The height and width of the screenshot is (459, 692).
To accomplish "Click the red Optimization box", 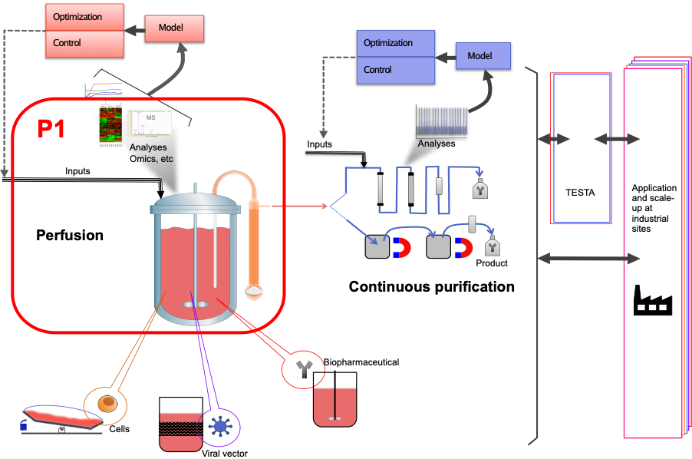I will click(x=84, y=17).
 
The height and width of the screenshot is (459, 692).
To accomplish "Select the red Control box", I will click(x=84, y=43).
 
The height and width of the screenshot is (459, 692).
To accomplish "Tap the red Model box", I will click(x=175, y=28).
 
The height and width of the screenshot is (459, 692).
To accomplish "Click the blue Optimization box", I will click(x=396, y=43).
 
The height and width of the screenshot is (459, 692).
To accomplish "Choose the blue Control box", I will click(x=396, y=70).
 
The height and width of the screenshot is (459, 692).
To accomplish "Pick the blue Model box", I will click(x=483, y=56).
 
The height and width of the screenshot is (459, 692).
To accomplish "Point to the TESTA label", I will click(x=580, y=192).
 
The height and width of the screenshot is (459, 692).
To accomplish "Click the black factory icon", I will click(x=652, y=299).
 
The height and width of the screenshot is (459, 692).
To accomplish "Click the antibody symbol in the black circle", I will click(x=305, y=370).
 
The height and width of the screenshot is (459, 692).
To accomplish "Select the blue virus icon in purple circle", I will click(x=221, y=427).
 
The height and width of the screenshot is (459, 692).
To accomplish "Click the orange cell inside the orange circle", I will click(x=109, y=403).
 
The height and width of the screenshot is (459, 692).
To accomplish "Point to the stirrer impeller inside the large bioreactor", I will click(x=196, y=305).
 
